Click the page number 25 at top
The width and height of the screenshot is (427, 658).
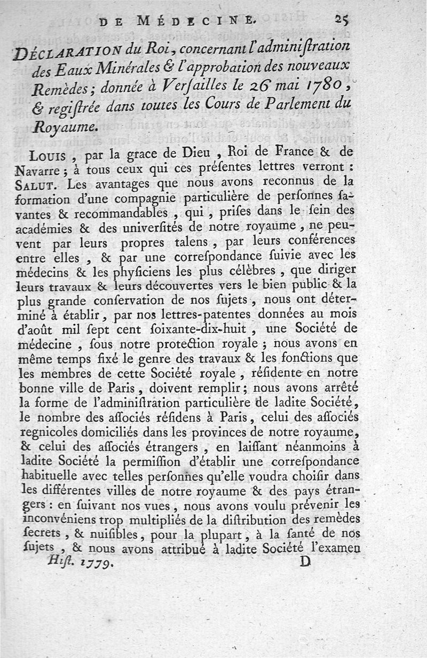pyautogui.click(x=342, y=20)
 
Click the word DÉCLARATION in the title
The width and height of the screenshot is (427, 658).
pyautogui.click(x=86, y=54)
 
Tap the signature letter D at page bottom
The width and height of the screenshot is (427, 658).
pyautogui.click(x=305, y=562)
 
